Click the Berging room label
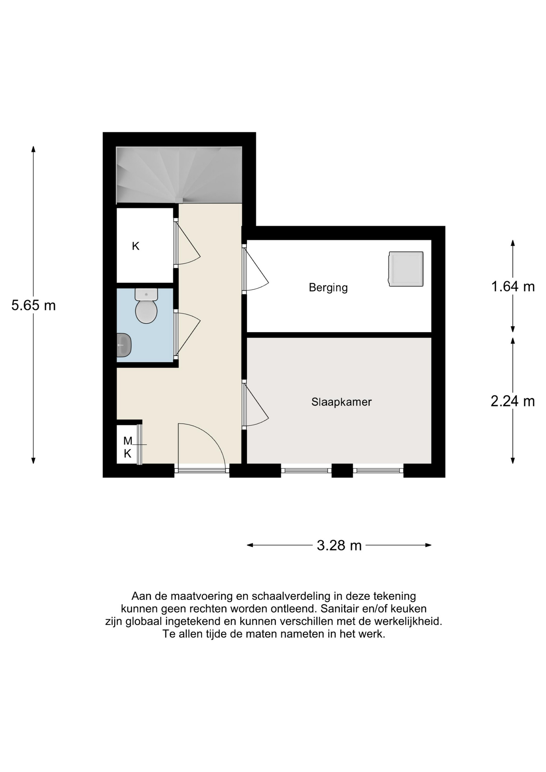[328, 287]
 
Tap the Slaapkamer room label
[341, 402]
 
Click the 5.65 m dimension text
[33, 306]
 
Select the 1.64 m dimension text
[513, 287]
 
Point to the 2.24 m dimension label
[513, 401]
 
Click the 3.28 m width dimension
[339, 545]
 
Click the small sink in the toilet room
[123, 345]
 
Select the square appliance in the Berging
[406, 269]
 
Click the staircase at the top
[179, 175]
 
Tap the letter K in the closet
[135, 246]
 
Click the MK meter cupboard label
[127, 447]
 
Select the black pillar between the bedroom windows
[342, 470]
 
